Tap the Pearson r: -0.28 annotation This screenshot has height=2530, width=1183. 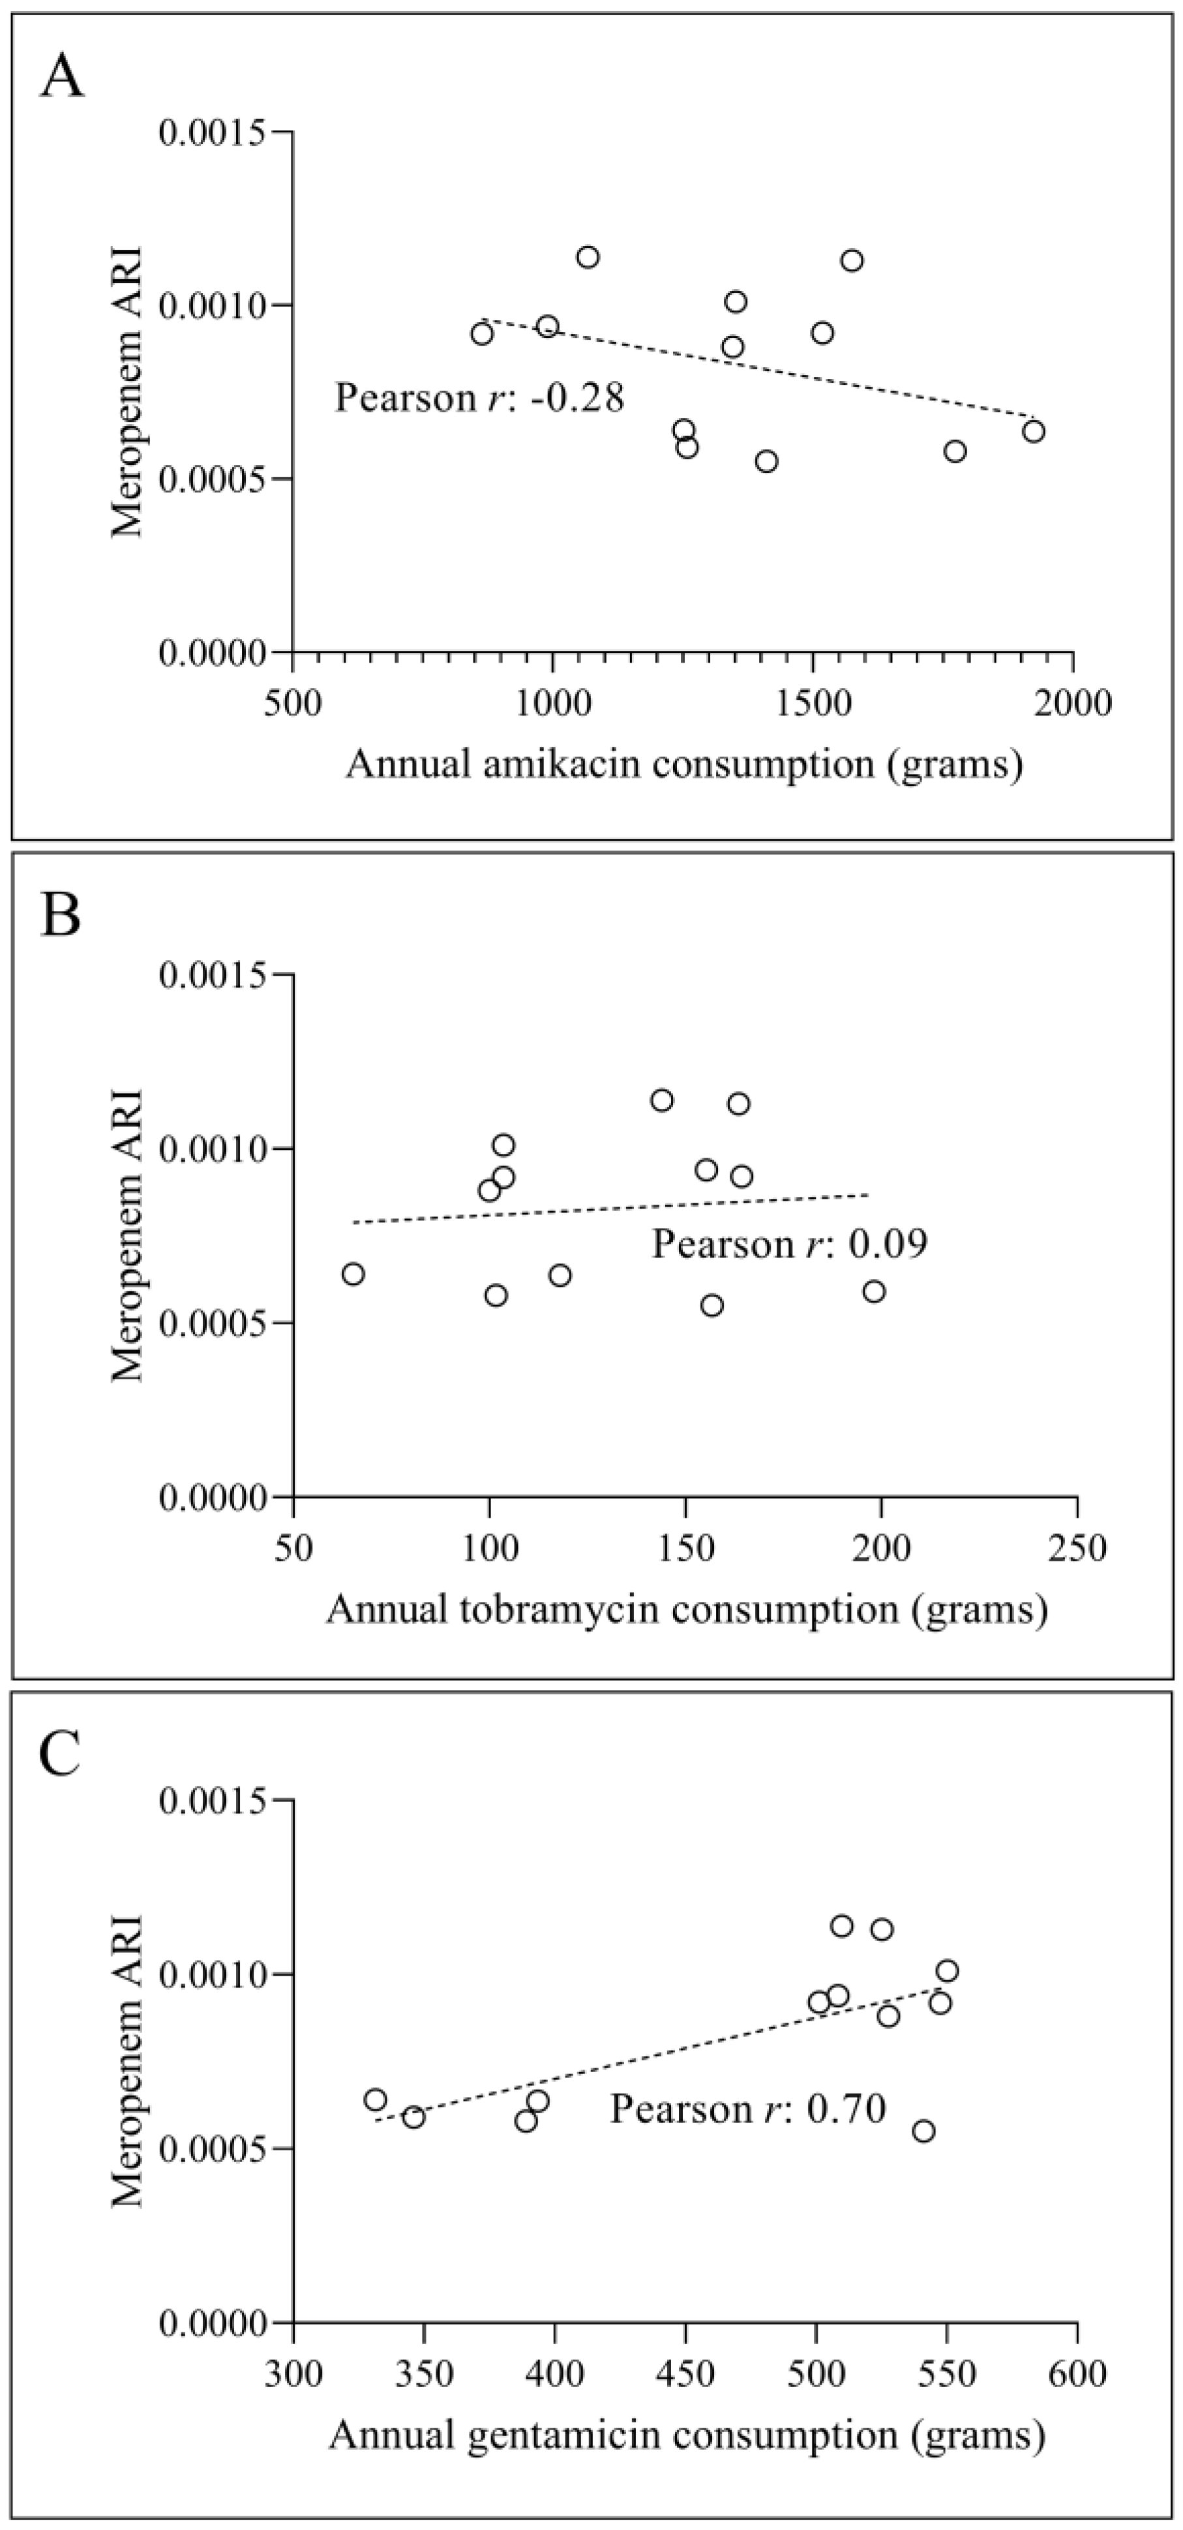pos(479,399)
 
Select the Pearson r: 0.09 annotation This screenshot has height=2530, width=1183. pos(789,1244)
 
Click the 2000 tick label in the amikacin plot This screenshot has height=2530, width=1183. pos(1072,704)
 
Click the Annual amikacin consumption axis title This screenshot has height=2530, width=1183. pos(683,763)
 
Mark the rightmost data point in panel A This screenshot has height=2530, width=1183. pos(1033,431)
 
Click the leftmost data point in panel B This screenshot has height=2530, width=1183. pos(353,1274)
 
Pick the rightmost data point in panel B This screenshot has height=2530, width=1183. pos(874,1291)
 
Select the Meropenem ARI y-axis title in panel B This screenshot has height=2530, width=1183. pos(128,1235)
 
